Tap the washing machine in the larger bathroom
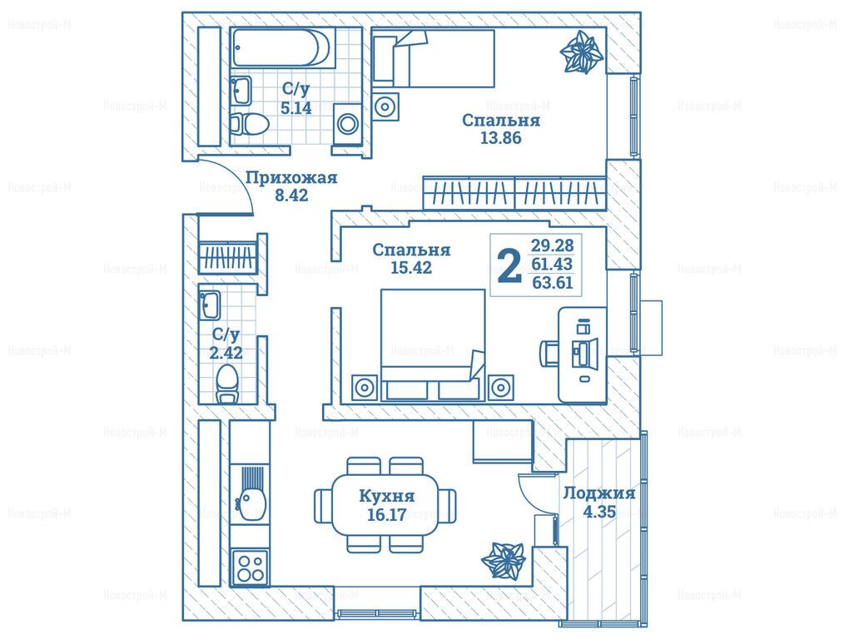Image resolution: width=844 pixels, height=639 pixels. coord(347,124)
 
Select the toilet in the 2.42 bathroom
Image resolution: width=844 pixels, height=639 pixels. coord(227,384)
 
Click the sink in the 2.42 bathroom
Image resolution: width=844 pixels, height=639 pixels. coord(210,305)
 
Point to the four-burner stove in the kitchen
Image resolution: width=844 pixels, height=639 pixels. coord(251,567)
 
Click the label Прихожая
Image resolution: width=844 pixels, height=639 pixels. coord(292,178)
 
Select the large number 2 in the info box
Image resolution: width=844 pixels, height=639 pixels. coord(509,265)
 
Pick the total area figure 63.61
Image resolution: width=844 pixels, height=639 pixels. coord(553,282)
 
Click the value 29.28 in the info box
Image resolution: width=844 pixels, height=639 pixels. coord(553,245)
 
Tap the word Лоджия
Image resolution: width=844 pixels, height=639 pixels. coord(599,493)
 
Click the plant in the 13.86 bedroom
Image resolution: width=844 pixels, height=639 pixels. coord(581,52)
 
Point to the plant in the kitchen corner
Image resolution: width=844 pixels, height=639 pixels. coord(503,562)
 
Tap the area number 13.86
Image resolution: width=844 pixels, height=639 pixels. coord(500,138)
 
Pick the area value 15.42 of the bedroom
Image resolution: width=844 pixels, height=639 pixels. coord(411,267)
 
